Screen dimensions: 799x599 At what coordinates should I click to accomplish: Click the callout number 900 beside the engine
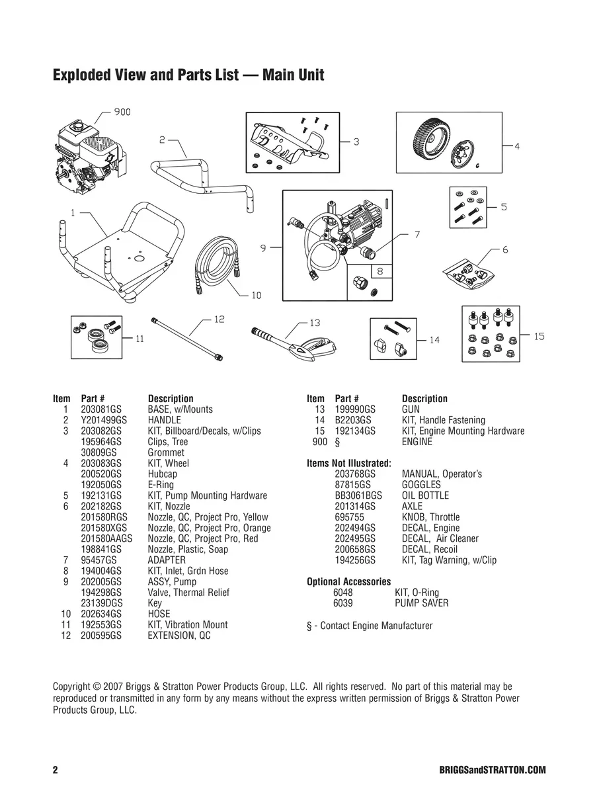click(122, 112)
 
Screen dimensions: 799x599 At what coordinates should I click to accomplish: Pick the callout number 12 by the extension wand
click(219, 319)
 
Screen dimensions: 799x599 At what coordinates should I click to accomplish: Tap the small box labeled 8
click(379, 271)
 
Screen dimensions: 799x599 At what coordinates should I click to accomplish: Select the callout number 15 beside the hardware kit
click(539, 337)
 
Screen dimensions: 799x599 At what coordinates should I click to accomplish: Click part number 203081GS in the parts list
click(101, 409)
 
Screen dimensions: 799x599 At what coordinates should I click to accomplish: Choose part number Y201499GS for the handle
click(104, 420)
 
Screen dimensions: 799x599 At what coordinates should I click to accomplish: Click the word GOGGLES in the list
click(421, 485)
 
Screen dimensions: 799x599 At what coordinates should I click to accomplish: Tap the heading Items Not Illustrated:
click(349, 463)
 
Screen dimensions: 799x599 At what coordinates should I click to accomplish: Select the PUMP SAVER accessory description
click(421, 603)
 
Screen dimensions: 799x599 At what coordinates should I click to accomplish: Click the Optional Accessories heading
click(348, 582)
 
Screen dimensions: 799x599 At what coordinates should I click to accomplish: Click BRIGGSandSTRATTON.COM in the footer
click(492, 771)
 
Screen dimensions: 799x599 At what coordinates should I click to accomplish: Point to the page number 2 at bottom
click(56, 771)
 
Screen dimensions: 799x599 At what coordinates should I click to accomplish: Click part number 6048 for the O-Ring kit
click(343, 593)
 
